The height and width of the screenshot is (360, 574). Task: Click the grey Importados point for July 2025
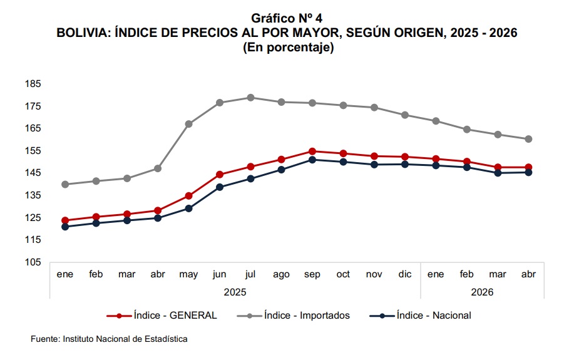251,98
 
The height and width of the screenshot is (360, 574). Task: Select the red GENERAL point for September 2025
312,152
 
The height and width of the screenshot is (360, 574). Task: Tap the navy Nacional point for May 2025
188,208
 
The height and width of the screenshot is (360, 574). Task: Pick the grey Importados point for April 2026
528,139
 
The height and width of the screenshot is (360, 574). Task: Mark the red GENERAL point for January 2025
65,220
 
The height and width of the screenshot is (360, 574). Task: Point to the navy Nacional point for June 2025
220,187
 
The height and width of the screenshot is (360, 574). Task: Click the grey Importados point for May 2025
188,124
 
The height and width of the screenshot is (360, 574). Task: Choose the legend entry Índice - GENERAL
161,316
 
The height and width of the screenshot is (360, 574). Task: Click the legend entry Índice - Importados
293,316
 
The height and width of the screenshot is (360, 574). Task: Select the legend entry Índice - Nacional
420,316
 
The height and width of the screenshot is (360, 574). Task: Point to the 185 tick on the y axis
33,84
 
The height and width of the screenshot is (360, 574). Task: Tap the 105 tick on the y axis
33,262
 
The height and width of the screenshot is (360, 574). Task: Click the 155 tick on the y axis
33,150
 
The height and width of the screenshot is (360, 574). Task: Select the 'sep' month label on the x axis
312,275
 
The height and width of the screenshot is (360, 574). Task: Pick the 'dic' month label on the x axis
405,274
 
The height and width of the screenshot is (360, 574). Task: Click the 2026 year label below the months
482,292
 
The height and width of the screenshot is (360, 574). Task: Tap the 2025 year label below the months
235,292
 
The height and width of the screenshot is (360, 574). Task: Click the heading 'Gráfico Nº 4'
287,18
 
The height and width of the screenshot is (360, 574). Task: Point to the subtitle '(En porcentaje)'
288,47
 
